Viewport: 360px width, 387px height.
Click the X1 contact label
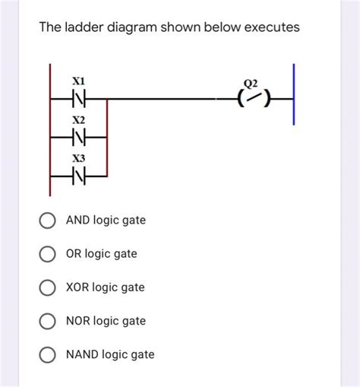click(x=79, y=80)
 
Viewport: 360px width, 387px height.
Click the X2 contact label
click(x=79, y=120)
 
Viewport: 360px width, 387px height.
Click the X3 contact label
click(x=79, y=160)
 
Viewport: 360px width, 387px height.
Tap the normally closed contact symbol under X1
click(x=79, y=98)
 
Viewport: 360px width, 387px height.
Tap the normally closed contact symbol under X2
click(x=79, y=138)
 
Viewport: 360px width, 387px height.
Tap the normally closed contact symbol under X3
click(x=79, y=177)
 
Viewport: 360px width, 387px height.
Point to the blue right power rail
click(x=294, y=99)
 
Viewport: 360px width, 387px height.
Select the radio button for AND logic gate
click(x=47, y=220)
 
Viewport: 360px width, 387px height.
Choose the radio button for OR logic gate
click(x=47, y=254)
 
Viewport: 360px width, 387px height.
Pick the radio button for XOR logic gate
click(x=47, y=287)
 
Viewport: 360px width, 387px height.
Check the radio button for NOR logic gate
click(x=47, y=321)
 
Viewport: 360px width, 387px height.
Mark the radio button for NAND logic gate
click(x=47, y=355)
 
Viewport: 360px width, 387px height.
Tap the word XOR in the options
click(x=79, y=287)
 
